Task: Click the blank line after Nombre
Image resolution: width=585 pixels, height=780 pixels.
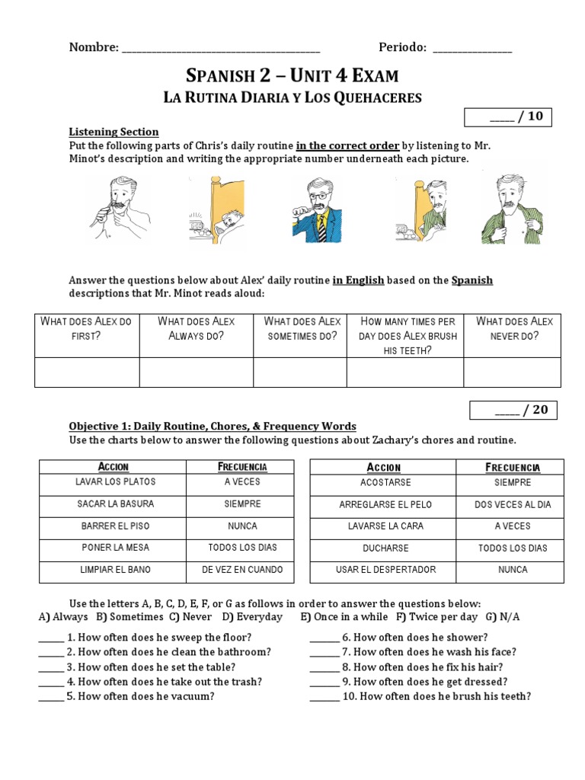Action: pyautogui.click(x=221, y=49)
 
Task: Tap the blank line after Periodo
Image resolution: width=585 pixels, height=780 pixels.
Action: pyautogui.click(x=472, y=49)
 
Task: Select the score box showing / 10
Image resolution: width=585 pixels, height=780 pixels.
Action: pyautogui.click(x=508, y=117)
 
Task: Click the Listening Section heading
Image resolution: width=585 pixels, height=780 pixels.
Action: pyautogui.click(x=113, y=132)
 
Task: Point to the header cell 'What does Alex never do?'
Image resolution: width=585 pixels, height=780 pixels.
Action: pyautogui.click(x=514, y=328)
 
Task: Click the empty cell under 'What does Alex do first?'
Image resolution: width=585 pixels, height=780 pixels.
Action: pyautogui.click(x=87, y=372)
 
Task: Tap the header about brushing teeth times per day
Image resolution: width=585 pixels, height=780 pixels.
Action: pyautogui.click(x=404, y=336)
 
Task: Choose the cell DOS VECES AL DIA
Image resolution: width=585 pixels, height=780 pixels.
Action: pyautogui.click(x=513, y=504)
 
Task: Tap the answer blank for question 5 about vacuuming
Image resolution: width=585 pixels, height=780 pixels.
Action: pyautogui.click(x=51, y=696)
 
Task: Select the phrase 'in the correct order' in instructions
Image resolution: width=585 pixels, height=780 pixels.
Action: pyautogui.click(x=347, y=145)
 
